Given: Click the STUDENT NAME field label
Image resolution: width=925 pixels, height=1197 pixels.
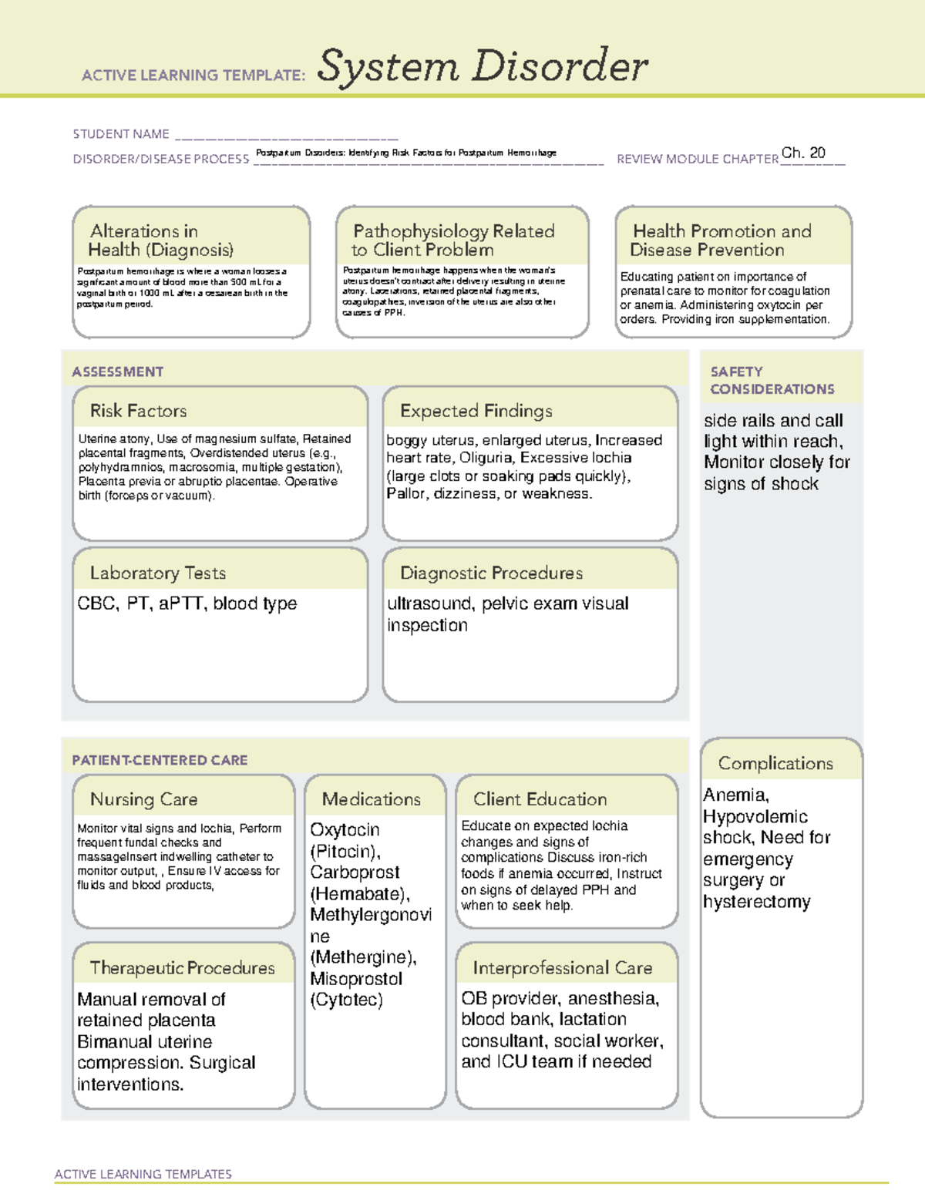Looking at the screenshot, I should point(121,134).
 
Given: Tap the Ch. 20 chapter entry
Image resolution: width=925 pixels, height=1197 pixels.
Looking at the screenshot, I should point(803,153).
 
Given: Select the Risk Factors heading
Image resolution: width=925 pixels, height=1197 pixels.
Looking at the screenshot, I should point(138,411).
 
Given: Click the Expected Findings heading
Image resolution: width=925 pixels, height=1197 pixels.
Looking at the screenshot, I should point(476,411).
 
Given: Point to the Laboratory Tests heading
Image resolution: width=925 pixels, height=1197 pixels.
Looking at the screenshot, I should point(157,573).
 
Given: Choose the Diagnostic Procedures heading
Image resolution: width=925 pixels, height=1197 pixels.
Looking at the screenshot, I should point(491,573).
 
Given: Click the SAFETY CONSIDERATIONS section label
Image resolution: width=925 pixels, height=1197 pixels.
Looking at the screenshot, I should point(772,380).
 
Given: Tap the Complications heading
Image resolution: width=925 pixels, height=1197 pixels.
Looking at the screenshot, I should point(775,763).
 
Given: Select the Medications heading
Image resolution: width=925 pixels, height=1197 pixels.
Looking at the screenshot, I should point(371,799).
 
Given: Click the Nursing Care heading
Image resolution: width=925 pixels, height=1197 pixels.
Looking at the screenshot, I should point(143,799).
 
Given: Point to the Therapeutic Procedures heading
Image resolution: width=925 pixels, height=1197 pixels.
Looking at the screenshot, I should point(182,967).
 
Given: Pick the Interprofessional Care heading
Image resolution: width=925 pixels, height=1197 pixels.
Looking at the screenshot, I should point(562,967).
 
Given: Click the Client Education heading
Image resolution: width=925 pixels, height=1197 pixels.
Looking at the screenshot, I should point(540,799).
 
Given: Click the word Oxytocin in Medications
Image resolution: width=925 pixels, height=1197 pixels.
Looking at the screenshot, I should point(345,830).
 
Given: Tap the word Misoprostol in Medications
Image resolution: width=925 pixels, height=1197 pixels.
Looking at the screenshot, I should point(356,979).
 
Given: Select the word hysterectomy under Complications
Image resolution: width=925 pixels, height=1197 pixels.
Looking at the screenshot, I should point(756,902).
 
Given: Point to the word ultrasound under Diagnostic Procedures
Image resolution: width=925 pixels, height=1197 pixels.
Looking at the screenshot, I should point(429,604).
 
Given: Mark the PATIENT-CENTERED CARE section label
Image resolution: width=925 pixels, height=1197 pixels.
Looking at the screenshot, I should point(160,760).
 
